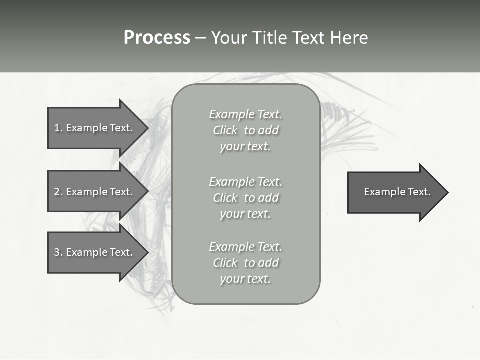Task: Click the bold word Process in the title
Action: [157, 38]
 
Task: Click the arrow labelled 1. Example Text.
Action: [95, 128]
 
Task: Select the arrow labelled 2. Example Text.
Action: [95, 192]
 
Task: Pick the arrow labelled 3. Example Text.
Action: [95, 252]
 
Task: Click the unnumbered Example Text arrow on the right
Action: [395, 192]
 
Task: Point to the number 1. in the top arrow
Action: [58, 128]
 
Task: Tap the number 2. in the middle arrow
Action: [58, 192]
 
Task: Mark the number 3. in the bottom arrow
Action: [58, 252]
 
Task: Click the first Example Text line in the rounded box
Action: [245, 114]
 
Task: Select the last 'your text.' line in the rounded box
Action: [245, 279]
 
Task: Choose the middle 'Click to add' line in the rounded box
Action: [245, 198]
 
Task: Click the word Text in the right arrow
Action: [419, 192]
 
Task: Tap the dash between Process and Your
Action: [200, 38]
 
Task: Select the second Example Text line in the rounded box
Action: [245, 181]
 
